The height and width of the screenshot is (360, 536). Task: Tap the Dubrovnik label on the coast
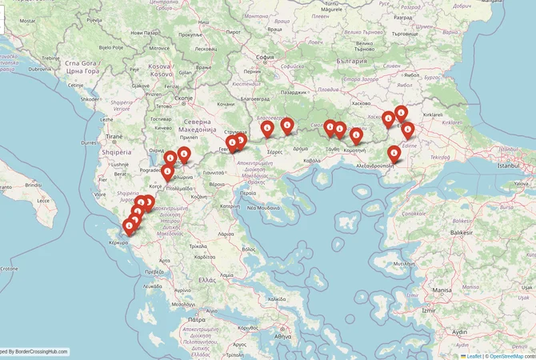tap(40, 69)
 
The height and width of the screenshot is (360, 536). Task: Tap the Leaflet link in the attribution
tap(474, 355)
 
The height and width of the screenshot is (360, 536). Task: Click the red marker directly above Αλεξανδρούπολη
tap(394, 152)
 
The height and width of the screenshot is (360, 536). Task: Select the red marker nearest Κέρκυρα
tap(129, 226)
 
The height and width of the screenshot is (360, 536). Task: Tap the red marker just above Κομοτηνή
tap(356, 135)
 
